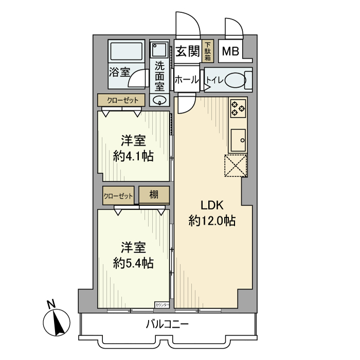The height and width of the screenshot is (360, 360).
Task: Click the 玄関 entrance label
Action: tap(187, 51)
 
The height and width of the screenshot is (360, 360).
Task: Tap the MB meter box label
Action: tap(230, 52)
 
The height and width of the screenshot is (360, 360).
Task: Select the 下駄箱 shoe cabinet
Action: tap(207, 51)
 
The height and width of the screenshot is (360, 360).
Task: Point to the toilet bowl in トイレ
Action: tap(235, 81)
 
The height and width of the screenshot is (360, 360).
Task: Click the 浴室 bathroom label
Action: tap(119, 73)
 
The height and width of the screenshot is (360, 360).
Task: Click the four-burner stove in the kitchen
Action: tap(238, 106)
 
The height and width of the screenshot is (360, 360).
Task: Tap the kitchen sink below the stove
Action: tap(238, 138)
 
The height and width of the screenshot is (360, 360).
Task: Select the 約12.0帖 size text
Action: tap(212, 222)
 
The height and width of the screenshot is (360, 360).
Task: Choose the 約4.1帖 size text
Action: tap(133, 156)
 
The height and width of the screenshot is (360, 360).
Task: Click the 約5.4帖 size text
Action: tap(133, 263)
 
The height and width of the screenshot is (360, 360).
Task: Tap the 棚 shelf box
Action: tap(154, 195)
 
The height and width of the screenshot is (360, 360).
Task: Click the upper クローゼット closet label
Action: tap(122, 100)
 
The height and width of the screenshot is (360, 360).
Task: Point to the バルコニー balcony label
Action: tap(168, 325)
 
